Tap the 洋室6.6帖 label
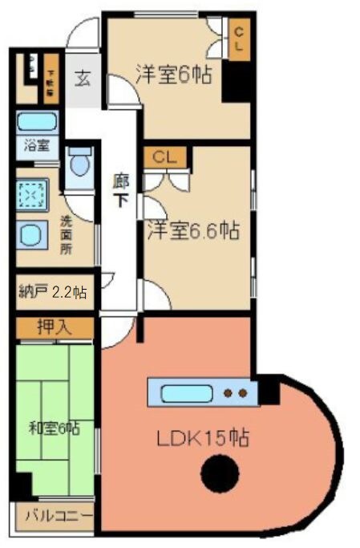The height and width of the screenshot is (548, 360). click(x=192, y=230)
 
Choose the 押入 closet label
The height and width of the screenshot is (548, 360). click(x=55, y=327)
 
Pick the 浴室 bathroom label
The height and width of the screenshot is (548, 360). click(x=36, y=147)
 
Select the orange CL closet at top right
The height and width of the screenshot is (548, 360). click(x=238, y=39)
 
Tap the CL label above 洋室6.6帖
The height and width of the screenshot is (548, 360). click(x=165, y=156)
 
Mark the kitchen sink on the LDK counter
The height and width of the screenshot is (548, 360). click(x=186, y=394)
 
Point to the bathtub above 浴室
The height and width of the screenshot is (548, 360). click(x=36, y=123)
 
